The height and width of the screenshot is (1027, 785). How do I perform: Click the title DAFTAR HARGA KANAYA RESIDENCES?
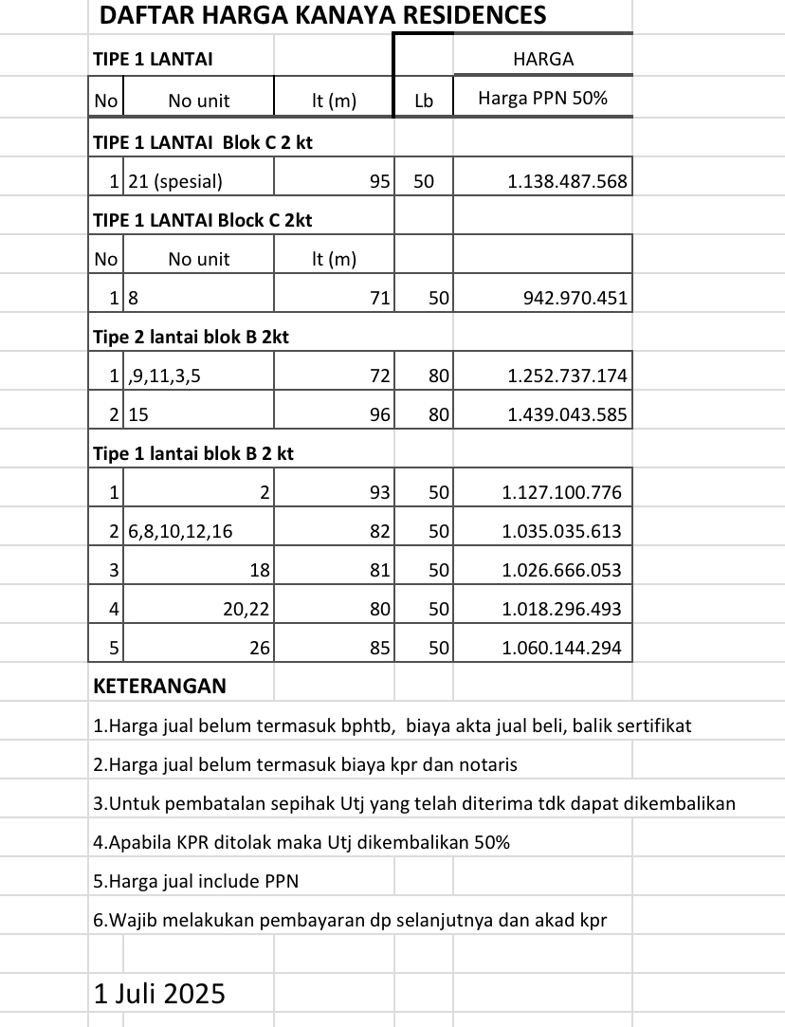tap(322, 15)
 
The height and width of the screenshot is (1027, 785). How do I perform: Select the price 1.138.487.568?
tap(567, 181)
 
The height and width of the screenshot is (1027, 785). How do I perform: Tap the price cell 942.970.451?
tap(575, 299)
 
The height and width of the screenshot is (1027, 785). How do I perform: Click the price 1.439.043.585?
tap(567, 414)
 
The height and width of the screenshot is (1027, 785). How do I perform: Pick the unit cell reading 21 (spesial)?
tap(175, 181)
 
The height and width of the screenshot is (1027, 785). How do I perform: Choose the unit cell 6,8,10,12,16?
tap(180, 531)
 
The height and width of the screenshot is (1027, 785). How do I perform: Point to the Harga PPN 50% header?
tap(542, 99)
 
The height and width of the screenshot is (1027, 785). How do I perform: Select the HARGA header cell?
tap(542, 59)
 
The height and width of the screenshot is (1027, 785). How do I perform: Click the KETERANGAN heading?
tap(159, 686)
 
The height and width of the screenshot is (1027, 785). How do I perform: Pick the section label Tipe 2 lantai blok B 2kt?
tap(191, 337)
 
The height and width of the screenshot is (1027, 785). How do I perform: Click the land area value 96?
tap(379, 414)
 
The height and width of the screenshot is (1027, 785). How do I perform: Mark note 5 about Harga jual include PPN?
tap(196, 881)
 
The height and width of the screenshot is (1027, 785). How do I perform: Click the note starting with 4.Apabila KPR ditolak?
tap(301, 842)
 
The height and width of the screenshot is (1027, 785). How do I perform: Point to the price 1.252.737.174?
tap(567, 376)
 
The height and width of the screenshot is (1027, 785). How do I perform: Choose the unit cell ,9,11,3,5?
tap(163, 376)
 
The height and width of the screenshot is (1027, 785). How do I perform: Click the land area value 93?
tap(379, 492)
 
